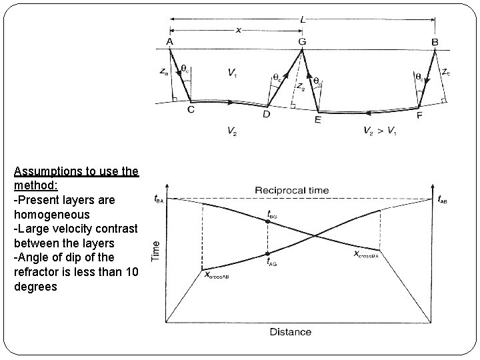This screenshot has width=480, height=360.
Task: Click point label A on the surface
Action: coord(170,41)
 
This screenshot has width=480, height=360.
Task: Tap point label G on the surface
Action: coord(303,41)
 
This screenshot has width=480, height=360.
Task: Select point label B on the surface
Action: coord(435,41)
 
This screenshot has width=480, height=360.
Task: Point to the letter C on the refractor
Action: coord(191,111)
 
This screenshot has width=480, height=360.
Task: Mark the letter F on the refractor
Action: coord(418,115)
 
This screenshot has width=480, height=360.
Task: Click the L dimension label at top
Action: coord(303,19)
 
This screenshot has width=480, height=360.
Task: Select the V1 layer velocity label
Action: coord(231,72)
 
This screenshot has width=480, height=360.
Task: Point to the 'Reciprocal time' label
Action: coord(291,190)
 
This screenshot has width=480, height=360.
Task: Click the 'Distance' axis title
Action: coord(291,331)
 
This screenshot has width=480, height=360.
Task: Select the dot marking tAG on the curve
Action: coord(267,253)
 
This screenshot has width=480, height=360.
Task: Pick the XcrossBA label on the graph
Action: coord(366,255)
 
